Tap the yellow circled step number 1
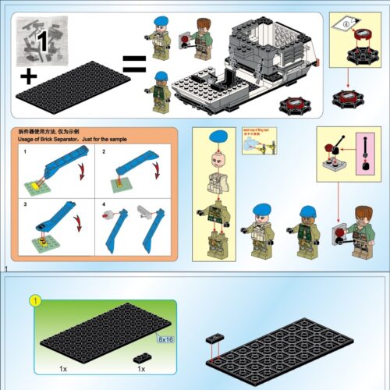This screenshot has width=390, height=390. point(34,300)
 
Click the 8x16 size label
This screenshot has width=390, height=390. point(165,339)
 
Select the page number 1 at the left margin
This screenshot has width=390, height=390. point(5,269)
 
